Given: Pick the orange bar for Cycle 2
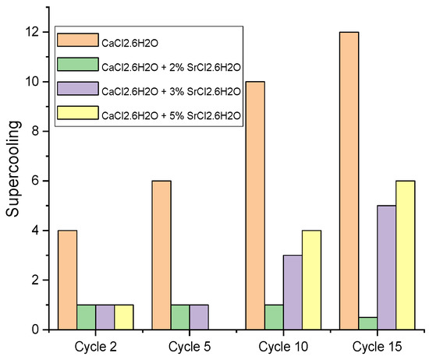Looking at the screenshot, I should coord(66,280).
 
